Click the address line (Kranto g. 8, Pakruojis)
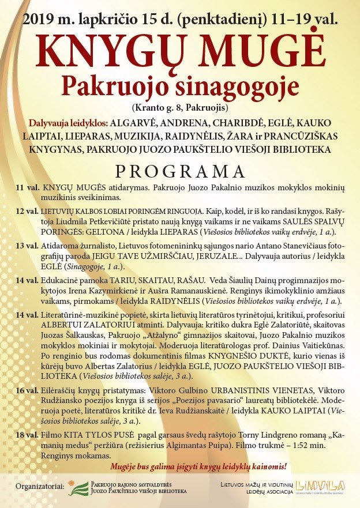pyautogui.click(x=180, y=108)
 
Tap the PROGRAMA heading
pyautogui.click(x=180, y=172)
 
